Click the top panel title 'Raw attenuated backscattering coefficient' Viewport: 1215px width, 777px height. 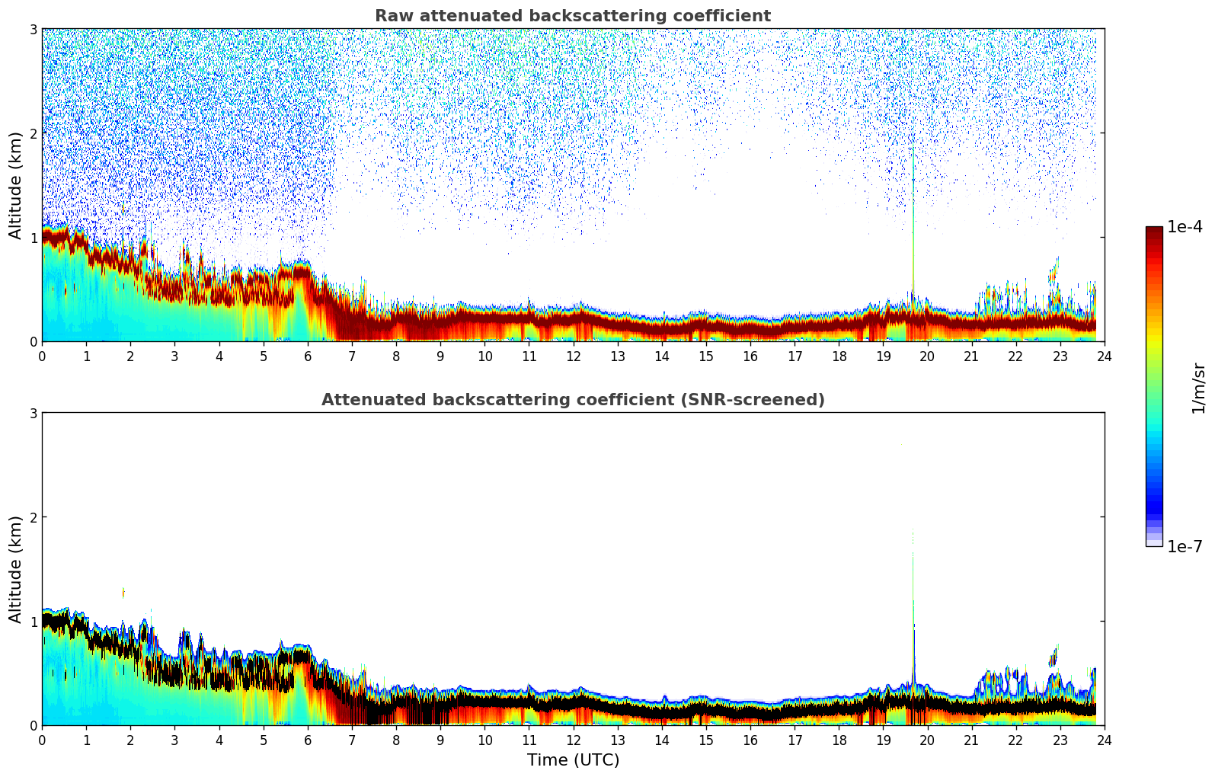point(572,16)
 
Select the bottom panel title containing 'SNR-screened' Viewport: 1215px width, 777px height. point(572,400)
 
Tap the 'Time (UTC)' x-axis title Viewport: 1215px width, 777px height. point(573,760)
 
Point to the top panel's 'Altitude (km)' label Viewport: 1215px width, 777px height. point(15,185)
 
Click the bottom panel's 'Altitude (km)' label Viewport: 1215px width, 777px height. point(15,569)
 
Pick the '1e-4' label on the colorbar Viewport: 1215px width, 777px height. point(1185,227)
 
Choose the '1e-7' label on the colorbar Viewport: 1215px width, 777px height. point(1185,546)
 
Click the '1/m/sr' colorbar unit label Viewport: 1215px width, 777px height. point(1198,388)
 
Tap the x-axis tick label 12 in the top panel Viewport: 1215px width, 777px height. point(573,356)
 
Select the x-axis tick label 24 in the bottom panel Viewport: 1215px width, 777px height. point(1104,740)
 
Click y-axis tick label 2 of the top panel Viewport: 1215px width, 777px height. point(34,133)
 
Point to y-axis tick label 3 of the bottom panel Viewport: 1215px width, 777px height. point(34,413)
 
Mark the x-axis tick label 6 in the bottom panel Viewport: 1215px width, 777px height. point(308,740)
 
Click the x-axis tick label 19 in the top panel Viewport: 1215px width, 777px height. point(883,356)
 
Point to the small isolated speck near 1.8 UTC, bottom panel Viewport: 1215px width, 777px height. point(123,592)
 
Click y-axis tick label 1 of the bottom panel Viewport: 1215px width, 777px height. point(34,622)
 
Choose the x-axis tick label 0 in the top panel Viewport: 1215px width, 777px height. point(42,356)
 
